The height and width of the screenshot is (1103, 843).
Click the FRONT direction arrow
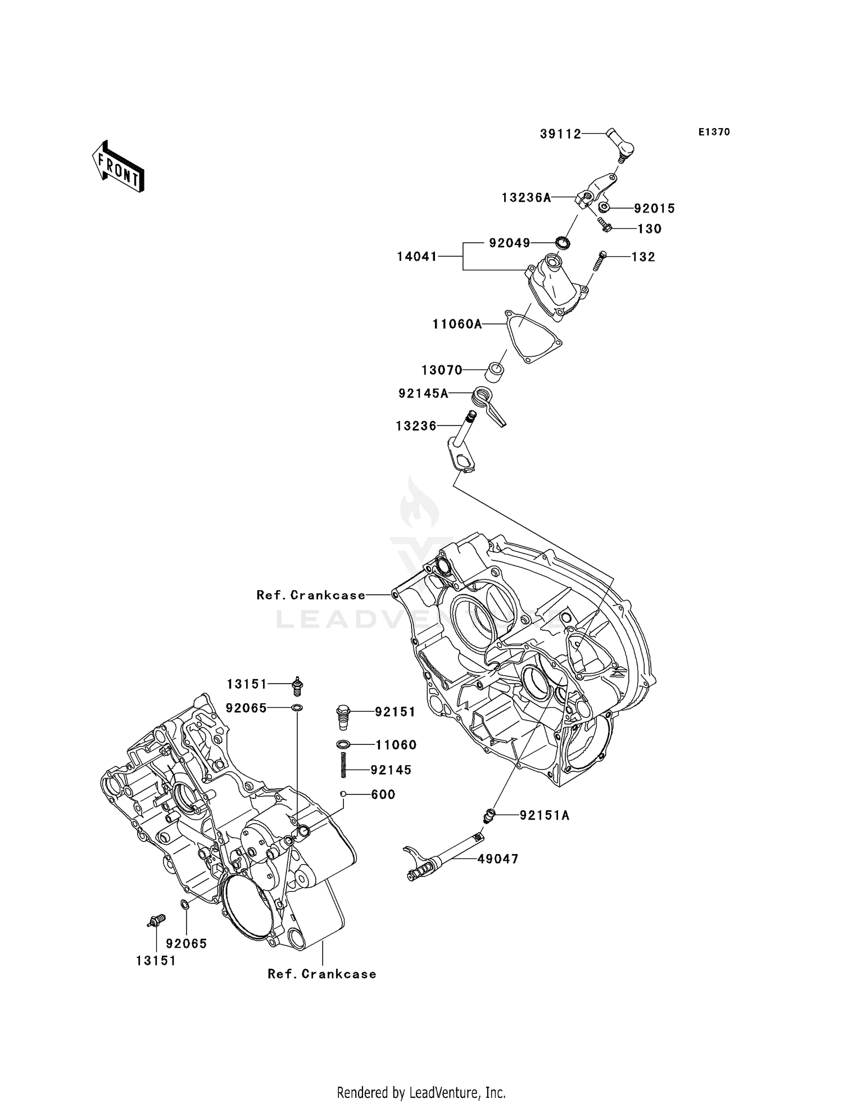coord(118,167)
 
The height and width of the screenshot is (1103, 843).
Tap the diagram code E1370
coord(714,132)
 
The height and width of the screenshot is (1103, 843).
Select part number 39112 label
coord(560,134)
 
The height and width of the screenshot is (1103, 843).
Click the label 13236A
coord(526,198)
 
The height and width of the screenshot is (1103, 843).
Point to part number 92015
coord(654,209)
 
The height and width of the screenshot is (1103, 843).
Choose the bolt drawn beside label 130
coord(605,226)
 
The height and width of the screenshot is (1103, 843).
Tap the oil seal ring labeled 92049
coord(563,243)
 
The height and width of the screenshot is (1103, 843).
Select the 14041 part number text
coord(416,257)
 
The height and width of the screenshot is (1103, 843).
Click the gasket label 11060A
coord(457,324)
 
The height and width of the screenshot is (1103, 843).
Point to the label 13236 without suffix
coord(416,427)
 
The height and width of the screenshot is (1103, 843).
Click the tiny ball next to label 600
coord(343,794)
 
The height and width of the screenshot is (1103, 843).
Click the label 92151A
coord(544,816)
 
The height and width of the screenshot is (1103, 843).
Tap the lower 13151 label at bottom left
coord(156,961)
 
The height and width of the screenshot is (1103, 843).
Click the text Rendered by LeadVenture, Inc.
coord(421,1092)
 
